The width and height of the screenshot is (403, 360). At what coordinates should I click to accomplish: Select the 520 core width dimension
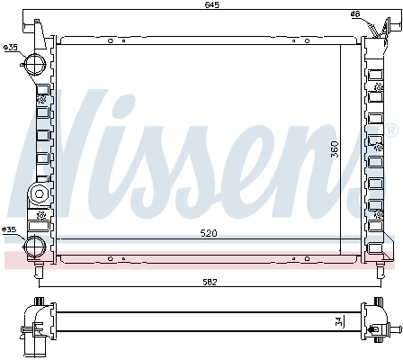click(x=209, y=233)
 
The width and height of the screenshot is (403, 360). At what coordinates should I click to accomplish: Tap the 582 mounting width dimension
click(x=208, y=283)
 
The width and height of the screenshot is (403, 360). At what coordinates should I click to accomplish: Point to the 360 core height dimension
click(x=335, y=148)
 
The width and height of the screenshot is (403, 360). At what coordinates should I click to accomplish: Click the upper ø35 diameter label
click(x=11, y=47)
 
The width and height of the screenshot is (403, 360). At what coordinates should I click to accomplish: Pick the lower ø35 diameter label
click(x=11, y=230)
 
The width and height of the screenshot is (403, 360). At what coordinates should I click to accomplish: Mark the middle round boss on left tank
click(x=39, y=194)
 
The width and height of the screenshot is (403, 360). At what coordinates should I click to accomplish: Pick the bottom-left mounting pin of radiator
click(x=39, y=268)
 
